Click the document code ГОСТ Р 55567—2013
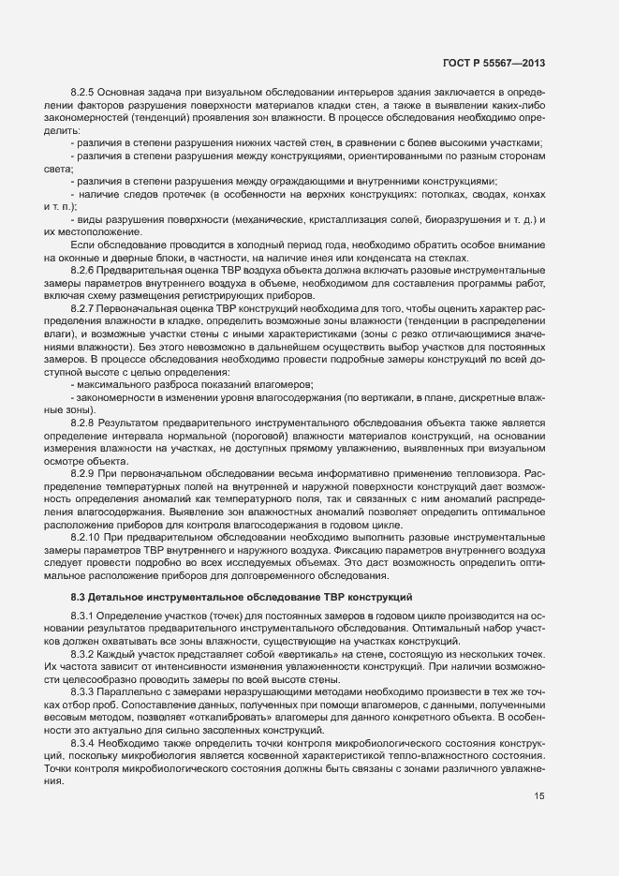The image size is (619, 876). point(494,63)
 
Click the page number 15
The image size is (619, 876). point(538,797)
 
